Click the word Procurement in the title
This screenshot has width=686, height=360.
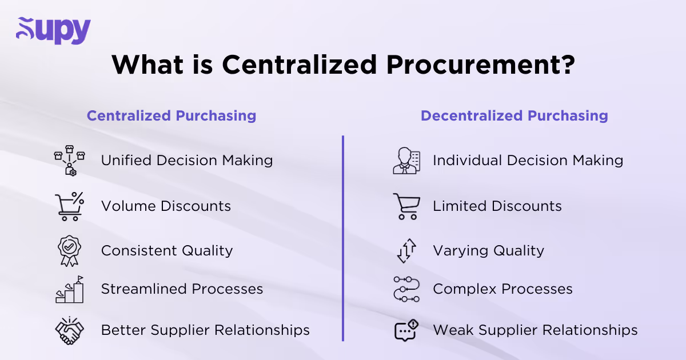pyautogui.click(x=480, y=65)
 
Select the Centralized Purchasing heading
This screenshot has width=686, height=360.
pyautogui.click(x=171, y=115)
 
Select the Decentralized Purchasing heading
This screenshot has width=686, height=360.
pyautogui.click(x=514, y=115)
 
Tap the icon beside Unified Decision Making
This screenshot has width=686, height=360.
pyautogui.click(x=69, y=160)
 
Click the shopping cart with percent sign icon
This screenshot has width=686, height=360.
pyautogui.click(x=69, y=206)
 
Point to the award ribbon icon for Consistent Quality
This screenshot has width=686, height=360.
pyautogui.click(x=69, y=250)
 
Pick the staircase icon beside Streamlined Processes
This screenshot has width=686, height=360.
pyautogui.click(x=69, y=289)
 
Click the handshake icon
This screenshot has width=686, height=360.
pyautogui.click(x=69, y=330)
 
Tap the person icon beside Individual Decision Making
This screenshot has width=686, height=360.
pyautogui.click(x=406, y=160)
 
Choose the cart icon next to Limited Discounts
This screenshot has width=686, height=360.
pyautogui.click(x=406, y=206)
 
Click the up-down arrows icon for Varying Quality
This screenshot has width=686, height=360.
pyautogui.click(x=406, y=251)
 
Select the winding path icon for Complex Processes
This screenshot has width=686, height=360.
pyautogui.click(x=406, y=289)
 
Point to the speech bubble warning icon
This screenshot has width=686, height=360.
pyautogui.click(x=406, y=330)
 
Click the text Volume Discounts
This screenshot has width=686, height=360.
pyautogui.click(x=166, y=206)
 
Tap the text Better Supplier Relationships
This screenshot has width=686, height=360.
pyautogui.click(x=205, y=330)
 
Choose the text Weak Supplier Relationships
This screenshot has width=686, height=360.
pyautogui.click(x=535, y=330)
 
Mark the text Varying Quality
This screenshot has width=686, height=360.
pyautogui.click(x=488, y=251)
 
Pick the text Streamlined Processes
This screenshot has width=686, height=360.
pyautogui.click(x=182, y=289)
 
